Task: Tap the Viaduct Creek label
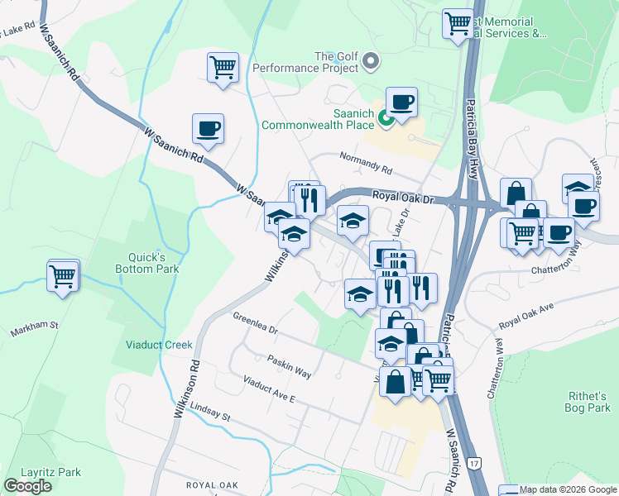159,345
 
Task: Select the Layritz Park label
51,472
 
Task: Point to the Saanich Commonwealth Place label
319,119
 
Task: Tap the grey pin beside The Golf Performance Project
371,60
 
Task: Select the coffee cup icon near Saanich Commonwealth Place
401,103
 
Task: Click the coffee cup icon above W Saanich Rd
208,129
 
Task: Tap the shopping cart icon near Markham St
63,276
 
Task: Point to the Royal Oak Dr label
403,197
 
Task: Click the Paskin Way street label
289,367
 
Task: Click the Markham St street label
34,328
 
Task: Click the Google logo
28,485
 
